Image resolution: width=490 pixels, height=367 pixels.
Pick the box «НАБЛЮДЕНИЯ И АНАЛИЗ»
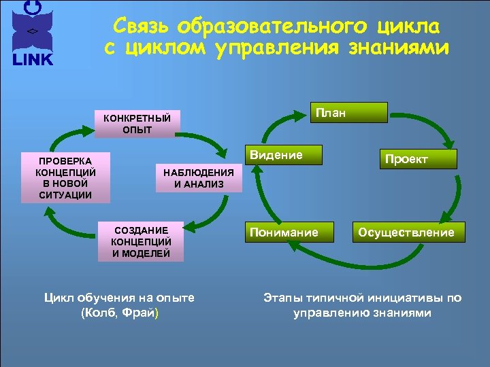pos(198,178)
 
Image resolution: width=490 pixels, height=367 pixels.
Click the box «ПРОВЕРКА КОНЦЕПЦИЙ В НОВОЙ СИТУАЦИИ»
pos(65,176)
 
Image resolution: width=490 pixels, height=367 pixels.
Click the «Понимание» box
pos(284,232)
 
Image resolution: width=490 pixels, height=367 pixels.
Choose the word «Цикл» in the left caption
pos(58,298)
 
